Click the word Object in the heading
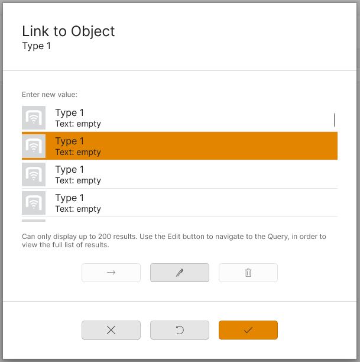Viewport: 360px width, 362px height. pyautogui.click(x=93, y=32)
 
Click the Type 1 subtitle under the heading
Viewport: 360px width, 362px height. pyautogui.click(x=36, y=46)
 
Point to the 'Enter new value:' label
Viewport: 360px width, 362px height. pyautogui.click(x=50, y=95)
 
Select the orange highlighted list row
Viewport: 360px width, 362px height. pyautogui.click(x=180, y=146)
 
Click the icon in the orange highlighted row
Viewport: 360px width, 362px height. pyautogui.click(x=34, y=146)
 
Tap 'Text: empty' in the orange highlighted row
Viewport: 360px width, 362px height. pyautogui.click(x=78, y=153)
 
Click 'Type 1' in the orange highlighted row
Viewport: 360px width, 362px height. pyautogui.click(x=70, y=141)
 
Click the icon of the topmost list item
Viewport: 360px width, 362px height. pyautogui.click(x=34, y=118)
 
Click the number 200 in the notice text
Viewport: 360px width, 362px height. pyautogui.click(x=105, y=237)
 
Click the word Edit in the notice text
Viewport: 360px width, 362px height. pyautogui.click(x=174, y=237)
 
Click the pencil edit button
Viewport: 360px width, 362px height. pyautogui.click(x=180, y=273)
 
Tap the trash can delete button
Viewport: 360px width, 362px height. pyautogui.click(x=248, y=273)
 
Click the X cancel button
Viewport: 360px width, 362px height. pyautogui.click(x=111, y=330)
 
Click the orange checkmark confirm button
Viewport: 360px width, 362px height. pyautogui.click(x=248, y=330)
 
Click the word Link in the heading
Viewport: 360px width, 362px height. pyautogui.click(x=35, y=31)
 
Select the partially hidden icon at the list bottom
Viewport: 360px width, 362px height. pyautogui.click(x=34, y=221)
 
